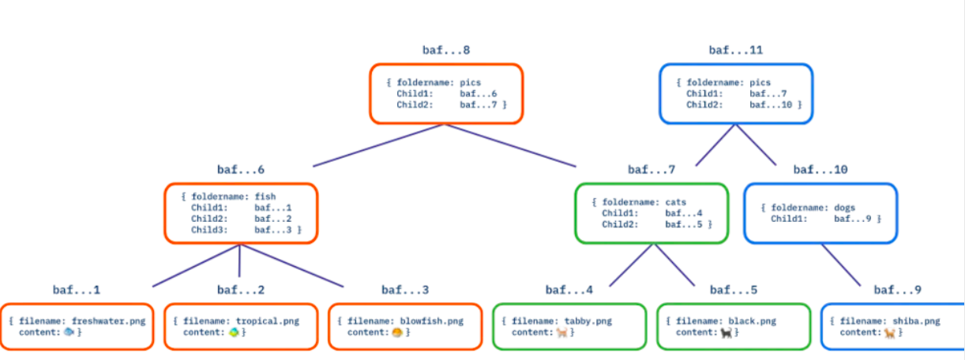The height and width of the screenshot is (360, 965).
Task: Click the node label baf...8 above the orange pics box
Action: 446,51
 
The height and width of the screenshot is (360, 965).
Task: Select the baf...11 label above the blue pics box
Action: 736,51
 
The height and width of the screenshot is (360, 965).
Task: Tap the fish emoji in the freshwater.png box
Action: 69,332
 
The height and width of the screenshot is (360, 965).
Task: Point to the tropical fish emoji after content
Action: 234,332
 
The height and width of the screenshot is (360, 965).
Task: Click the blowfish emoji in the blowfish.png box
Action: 397,332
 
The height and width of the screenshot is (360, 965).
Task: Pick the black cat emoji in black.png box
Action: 727,332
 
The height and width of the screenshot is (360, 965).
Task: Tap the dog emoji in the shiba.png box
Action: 890,332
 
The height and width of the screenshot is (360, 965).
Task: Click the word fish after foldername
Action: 265,197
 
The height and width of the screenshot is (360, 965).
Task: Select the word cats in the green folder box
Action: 675,202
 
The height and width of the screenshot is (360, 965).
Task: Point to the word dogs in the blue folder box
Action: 844,208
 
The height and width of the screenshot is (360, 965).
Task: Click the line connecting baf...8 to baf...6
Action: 378,145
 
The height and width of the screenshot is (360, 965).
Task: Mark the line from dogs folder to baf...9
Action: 841,264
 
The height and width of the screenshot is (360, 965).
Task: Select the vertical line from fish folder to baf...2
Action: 239,261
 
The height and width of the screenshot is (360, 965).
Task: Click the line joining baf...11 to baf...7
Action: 715,145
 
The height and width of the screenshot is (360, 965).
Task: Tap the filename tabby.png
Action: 588,321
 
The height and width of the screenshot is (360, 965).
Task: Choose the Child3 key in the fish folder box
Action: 209,230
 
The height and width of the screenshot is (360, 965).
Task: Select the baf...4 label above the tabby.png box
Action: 569,291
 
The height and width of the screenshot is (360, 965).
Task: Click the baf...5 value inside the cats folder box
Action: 684,225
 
